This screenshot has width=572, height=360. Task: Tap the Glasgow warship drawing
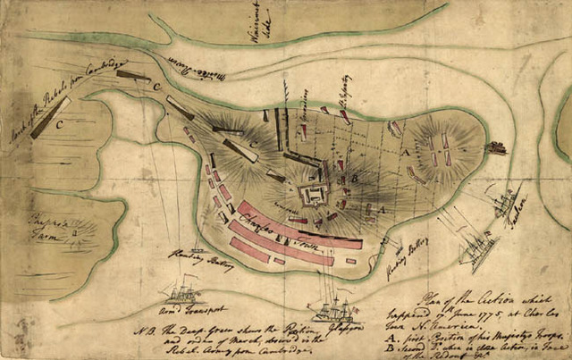click(332, 308)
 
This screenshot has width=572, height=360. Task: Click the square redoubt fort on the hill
click(315, 194)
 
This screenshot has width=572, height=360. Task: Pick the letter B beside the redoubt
click(356, 179)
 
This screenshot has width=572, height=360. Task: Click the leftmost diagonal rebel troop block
click(50, 116)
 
